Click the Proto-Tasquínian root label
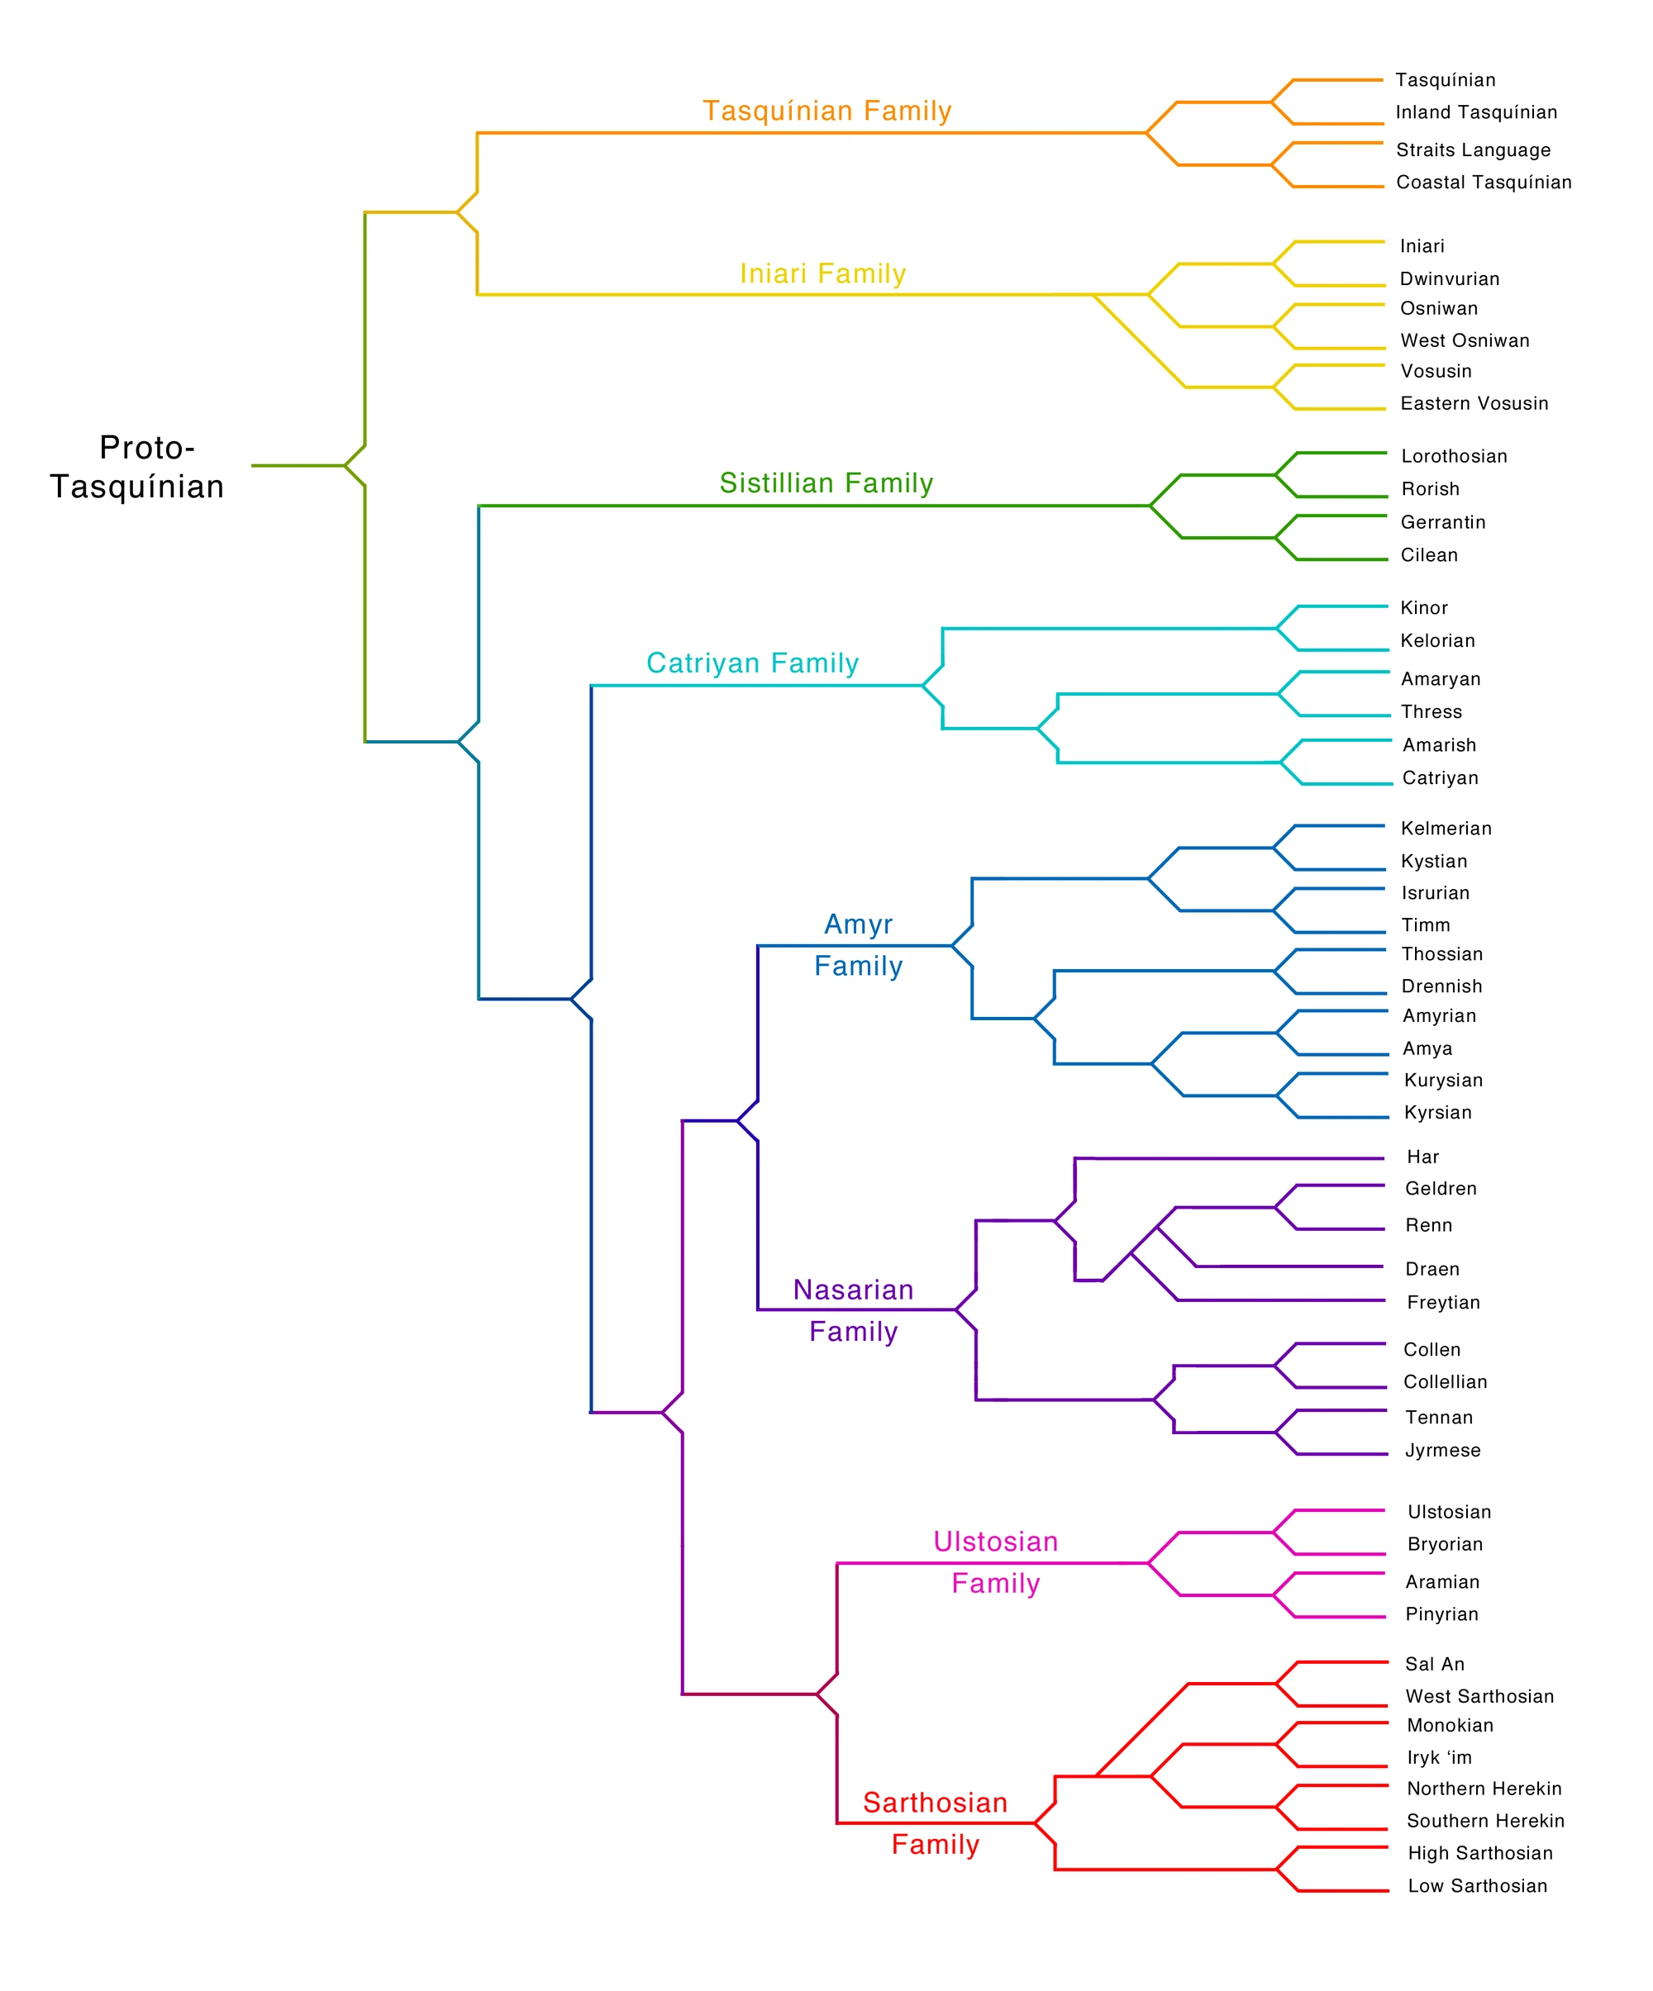137,467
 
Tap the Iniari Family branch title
822,274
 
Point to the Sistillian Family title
826,483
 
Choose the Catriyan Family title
752,663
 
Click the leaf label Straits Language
1473,150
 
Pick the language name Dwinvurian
1449,278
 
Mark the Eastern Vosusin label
1474,403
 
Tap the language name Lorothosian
1454,456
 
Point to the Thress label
1431,712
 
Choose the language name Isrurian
1435,893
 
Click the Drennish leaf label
1441,986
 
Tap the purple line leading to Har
1233,1158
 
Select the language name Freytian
1442,1303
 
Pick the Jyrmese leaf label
1442,1451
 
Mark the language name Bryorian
1445,1544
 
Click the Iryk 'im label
1439,1758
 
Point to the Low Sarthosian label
1477,1886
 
